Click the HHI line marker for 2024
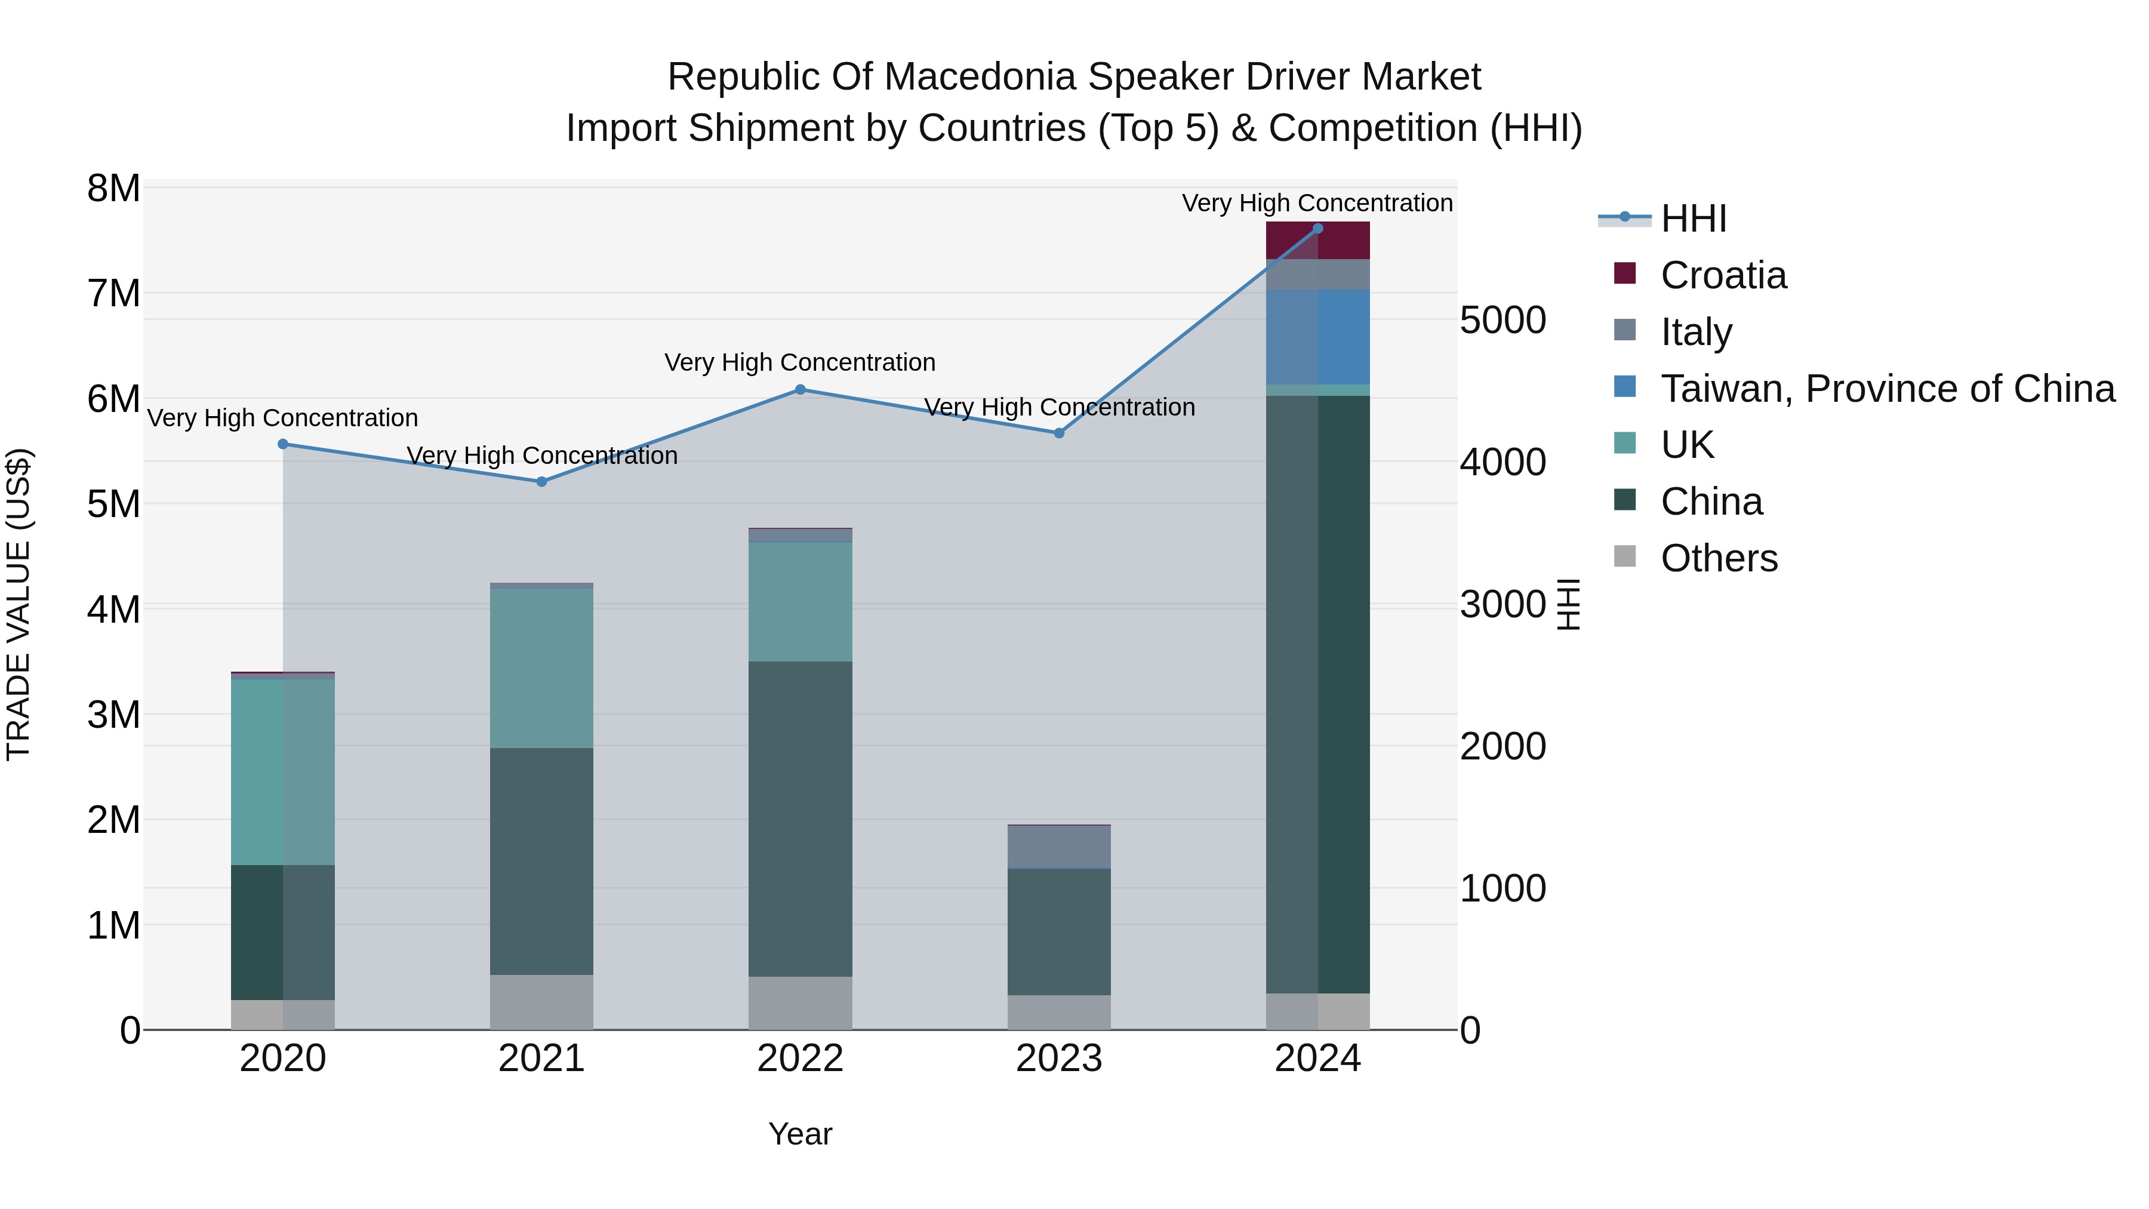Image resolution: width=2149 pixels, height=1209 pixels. tap(1317, 229)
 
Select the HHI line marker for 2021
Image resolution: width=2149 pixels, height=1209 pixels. tap(541, 481)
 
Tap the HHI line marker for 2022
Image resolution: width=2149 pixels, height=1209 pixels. tap(800, 390)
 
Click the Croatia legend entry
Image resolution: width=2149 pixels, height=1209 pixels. tap(1723, 275)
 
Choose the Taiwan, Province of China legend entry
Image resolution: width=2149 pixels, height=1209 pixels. tap(1887, 389)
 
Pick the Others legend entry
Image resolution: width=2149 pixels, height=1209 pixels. tap(1719, 558)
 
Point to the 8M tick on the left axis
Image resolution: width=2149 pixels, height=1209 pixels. tap(113, 189)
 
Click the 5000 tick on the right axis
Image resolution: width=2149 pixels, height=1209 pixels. tap(1503, 321)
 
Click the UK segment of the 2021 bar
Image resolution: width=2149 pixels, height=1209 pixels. tap(541, 667)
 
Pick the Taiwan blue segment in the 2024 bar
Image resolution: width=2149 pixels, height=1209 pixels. tap(1318, 337)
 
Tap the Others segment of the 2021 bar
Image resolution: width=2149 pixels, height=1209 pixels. tap(541, 1001)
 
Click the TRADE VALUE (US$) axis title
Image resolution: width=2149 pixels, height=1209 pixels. tap(19, 604)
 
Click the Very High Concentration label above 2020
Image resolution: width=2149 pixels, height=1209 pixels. tap(283, 418)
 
